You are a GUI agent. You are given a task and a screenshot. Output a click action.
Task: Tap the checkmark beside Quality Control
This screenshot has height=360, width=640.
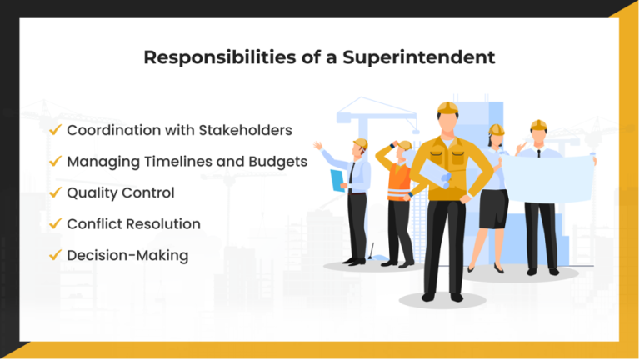click(x=55, y=192)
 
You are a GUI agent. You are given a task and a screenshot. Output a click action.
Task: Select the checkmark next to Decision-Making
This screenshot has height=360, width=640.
click(x=55, y=255)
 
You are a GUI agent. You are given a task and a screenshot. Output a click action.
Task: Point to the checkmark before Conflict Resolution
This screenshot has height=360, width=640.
click(x=55, y=223)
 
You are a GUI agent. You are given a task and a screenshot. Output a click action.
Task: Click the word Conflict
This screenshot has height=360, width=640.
click(x=97, y=223)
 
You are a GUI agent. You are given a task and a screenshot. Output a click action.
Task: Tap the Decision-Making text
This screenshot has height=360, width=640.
click(x=127, y=255)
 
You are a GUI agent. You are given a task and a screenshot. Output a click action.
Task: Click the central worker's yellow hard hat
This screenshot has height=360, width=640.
click(x=447, y=109)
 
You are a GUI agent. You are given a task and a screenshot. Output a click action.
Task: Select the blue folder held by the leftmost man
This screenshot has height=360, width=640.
click(x=337, y=180)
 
